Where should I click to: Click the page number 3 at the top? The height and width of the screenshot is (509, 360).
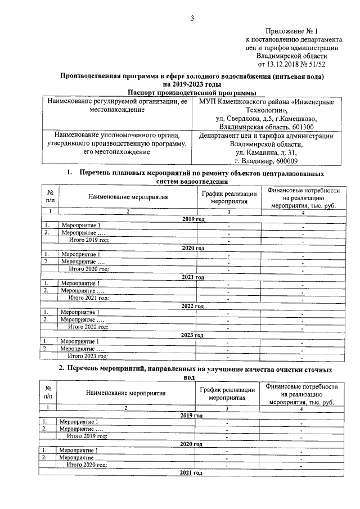[x=191, y=18]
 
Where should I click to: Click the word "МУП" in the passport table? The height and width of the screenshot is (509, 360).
[x=208, y=102]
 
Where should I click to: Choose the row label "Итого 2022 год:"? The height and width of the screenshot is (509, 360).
[x=88, y=326]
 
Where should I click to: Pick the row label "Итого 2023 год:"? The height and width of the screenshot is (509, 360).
[x=88, y=355]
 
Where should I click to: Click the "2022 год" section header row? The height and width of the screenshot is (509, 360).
[x=191, y=305]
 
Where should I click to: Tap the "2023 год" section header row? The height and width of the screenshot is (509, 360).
[x=191, y=335]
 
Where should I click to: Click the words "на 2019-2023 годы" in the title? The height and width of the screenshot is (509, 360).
[x=193, y=83]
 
